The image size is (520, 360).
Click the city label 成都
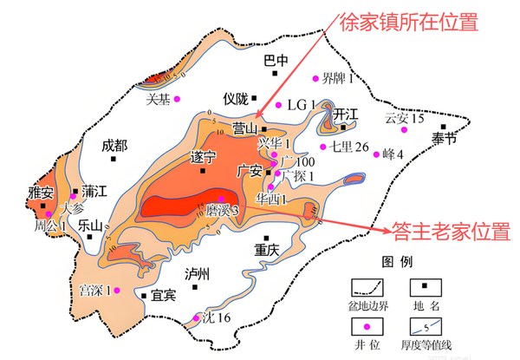click(114, 145)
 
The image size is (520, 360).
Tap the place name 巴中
click(276, 61)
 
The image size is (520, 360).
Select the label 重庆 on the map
click(266, 249)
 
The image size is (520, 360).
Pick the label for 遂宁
click(201, 159)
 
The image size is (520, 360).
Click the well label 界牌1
click(339, 80)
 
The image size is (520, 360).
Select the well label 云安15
click(404, 118)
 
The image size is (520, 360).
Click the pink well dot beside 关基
click(179, 99)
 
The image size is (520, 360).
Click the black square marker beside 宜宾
click(144, 296)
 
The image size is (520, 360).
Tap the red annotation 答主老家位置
click(451, 232)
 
